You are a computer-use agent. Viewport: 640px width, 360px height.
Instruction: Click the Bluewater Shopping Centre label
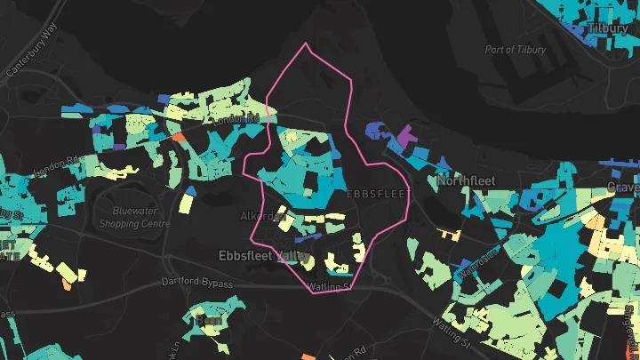tap(141, 218)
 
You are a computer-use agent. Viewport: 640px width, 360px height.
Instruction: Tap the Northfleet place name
tap(466, 181)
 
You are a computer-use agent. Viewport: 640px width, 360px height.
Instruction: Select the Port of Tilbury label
tap(516, 50)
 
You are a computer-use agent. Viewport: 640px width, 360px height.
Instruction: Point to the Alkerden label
tap(260, 216)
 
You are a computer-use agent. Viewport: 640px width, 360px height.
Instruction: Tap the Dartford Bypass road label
tap(196, 284)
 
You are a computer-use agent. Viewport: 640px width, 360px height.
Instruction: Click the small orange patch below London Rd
tap(178, 138)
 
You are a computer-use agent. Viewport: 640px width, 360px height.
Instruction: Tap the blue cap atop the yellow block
tap(190, 190)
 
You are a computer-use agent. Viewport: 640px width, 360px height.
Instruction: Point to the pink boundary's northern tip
tap(307, 44)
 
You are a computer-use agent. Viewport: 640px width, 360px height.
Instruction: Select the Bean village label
tap(212, 319)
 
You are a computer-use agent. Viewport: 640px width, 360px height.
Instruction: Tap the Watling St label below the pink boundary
tap(328, 287)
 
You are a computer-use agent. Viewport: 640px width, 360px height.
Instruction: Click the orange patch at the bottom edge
tap(308, 356)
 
